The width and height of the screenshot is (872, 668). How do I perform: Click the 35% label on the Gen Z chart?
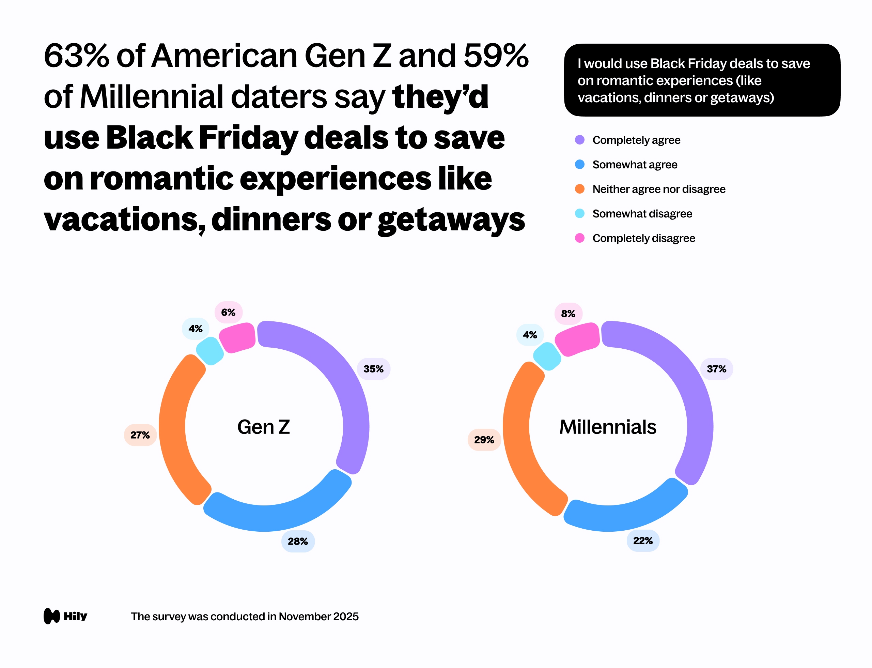click(373, 369)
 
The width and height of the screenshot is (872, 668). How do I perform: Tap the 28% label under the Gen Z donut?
click(298, 541)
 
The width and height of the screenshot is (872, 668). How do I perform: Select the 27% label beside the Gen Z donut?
click(140, 435)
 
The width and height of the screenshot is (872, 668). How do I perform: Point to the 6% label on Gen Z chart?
click(228, 313)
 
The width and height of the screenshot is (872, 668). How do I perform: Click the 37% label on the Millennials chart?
click(716, 369)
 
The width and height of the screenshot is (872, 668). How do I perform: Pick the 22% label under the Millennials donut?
click(643, 541)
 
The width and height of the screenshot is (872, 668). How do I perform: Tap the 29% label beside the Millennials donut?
click(484, 440)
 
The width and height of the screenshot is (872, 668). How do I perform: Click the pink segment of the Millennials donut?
click(577, 339)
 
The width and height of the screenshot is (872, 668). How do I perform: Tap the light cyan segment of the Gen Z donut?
click(210, 351)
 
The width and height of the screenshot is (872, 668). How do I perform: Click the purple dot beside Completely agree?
click(579, 140)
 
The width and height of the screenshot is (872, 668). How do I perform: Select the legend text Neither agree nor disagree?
click(658, 189)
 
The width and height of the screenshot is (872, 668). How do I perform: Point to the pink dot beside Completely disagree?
click(579, 238)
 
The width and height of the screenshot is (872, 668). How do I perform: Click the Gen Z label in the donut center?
click(264, 427)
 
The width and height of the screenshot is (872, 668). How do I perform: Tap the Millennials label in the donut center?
click(608, 427)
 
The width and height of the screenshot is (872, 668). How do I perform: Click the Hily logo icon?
click(52, 616)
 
